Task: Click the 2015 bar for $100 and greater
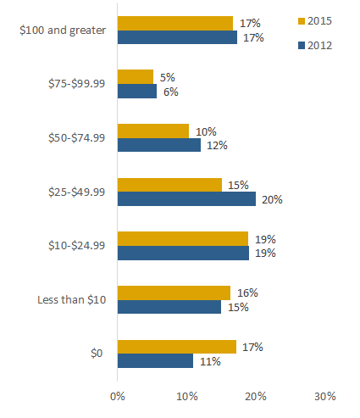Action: (174, 23)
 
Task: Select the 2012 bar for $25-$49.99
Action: (186, 199)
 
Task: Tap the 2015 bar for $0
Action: (176, 347)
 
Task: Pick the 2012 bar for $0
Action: (155, 361)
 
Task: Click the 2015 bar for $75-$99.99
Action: (136, 77)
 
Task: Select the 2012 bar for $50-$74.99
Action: (159, 145)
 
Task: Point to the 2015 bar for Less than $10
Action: (174, 293)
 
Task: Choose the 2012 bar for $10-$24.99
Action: (183, 253)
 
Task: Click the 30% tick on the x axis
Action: (325, 396)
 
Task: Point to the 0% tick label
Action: (118, 396)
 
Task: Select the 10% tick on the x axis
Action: (187, 396)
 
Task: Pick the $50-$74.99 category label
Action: (76, 138)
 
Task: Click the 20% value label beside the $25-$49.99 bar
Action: (272, 200)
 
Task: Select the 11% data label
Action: (209, 361)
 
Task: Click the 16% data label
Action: (247, 293)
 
